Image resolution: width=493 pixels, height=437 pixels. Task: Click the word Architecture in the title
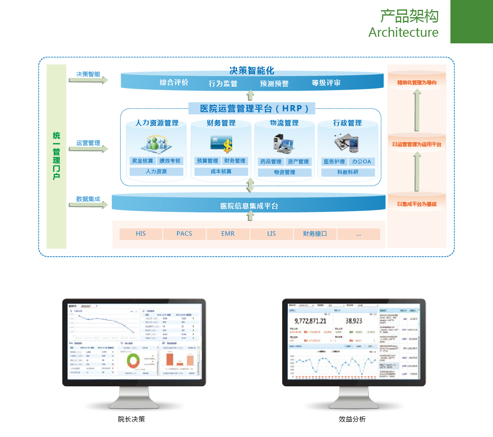403,32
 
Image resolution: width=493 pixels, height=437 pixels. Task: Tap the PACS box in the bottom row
184,234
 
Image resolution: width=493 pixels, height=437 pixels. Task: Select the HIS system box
141,234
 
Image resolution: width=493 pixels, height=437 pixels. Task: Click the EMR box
228,234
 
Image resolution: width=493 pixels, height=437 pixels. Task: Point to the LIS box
271,234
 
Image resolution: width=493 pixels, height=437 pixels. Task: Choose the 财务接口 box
315,234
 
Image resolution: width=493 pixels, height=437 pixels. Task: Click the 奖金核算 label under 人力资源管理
142,161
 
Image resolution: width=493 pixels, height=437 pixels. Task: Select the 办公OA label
362,162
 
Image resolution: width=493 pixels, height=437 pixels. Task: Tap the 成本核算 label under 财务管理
221,171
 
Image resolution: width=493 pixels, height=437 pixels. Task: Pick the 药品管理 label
271,162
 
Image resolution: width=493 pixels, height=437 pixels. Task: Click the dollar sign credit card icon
222,144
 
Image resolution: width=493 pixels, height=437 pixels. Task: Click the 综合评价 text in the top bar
174,83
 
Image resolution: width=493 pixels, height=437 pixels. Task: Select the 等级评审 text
326,83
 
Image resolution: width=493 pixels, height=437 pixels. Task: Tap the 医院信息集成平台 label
249,206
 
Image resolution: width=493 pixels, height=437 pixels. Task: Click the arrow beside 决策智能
88,80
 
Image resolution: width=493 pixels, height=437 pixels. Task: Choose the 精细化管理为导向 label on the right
417,83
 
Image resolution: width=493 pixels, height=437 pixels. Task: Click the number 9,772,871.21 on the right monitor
310,321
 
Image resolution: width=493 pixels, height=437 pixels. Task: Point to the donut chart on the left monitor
133,360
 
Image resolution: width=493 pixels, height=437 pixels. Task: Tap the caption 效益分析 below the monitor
352,419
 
